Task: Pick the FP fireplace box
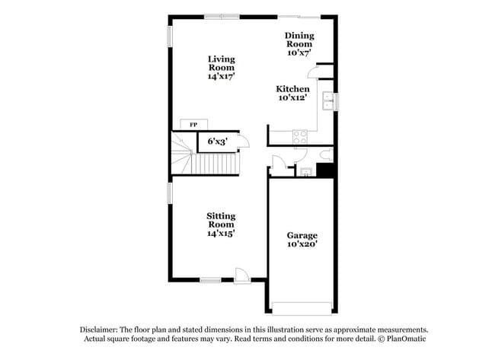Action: point(193,124)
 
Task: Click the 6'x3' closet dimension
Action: point(217,141)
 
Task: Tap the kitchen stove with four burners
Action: point(300,137)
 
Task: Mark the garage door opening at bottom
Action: point(302,308)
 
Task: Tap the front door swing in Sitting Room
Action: point(242,276)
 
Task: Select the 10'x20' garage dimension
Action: point(302,245)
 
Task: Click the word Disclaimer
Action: point(97,330)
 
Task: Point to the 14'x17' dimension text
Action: point(221,76)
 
